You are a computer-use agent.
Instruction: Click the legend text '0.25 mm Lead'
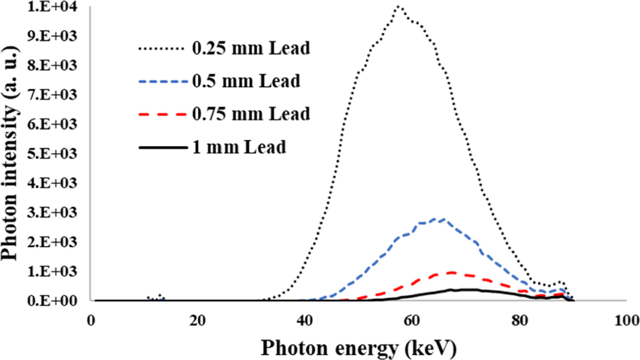click(250, 49)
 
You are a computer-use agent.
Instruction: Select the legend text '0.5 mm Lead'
click(246, 81)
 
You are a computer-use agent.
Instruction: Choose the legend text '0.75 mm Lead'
click(250, 114)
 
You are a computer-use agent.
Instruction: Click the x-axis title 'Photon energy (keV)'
click(359, 347)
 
